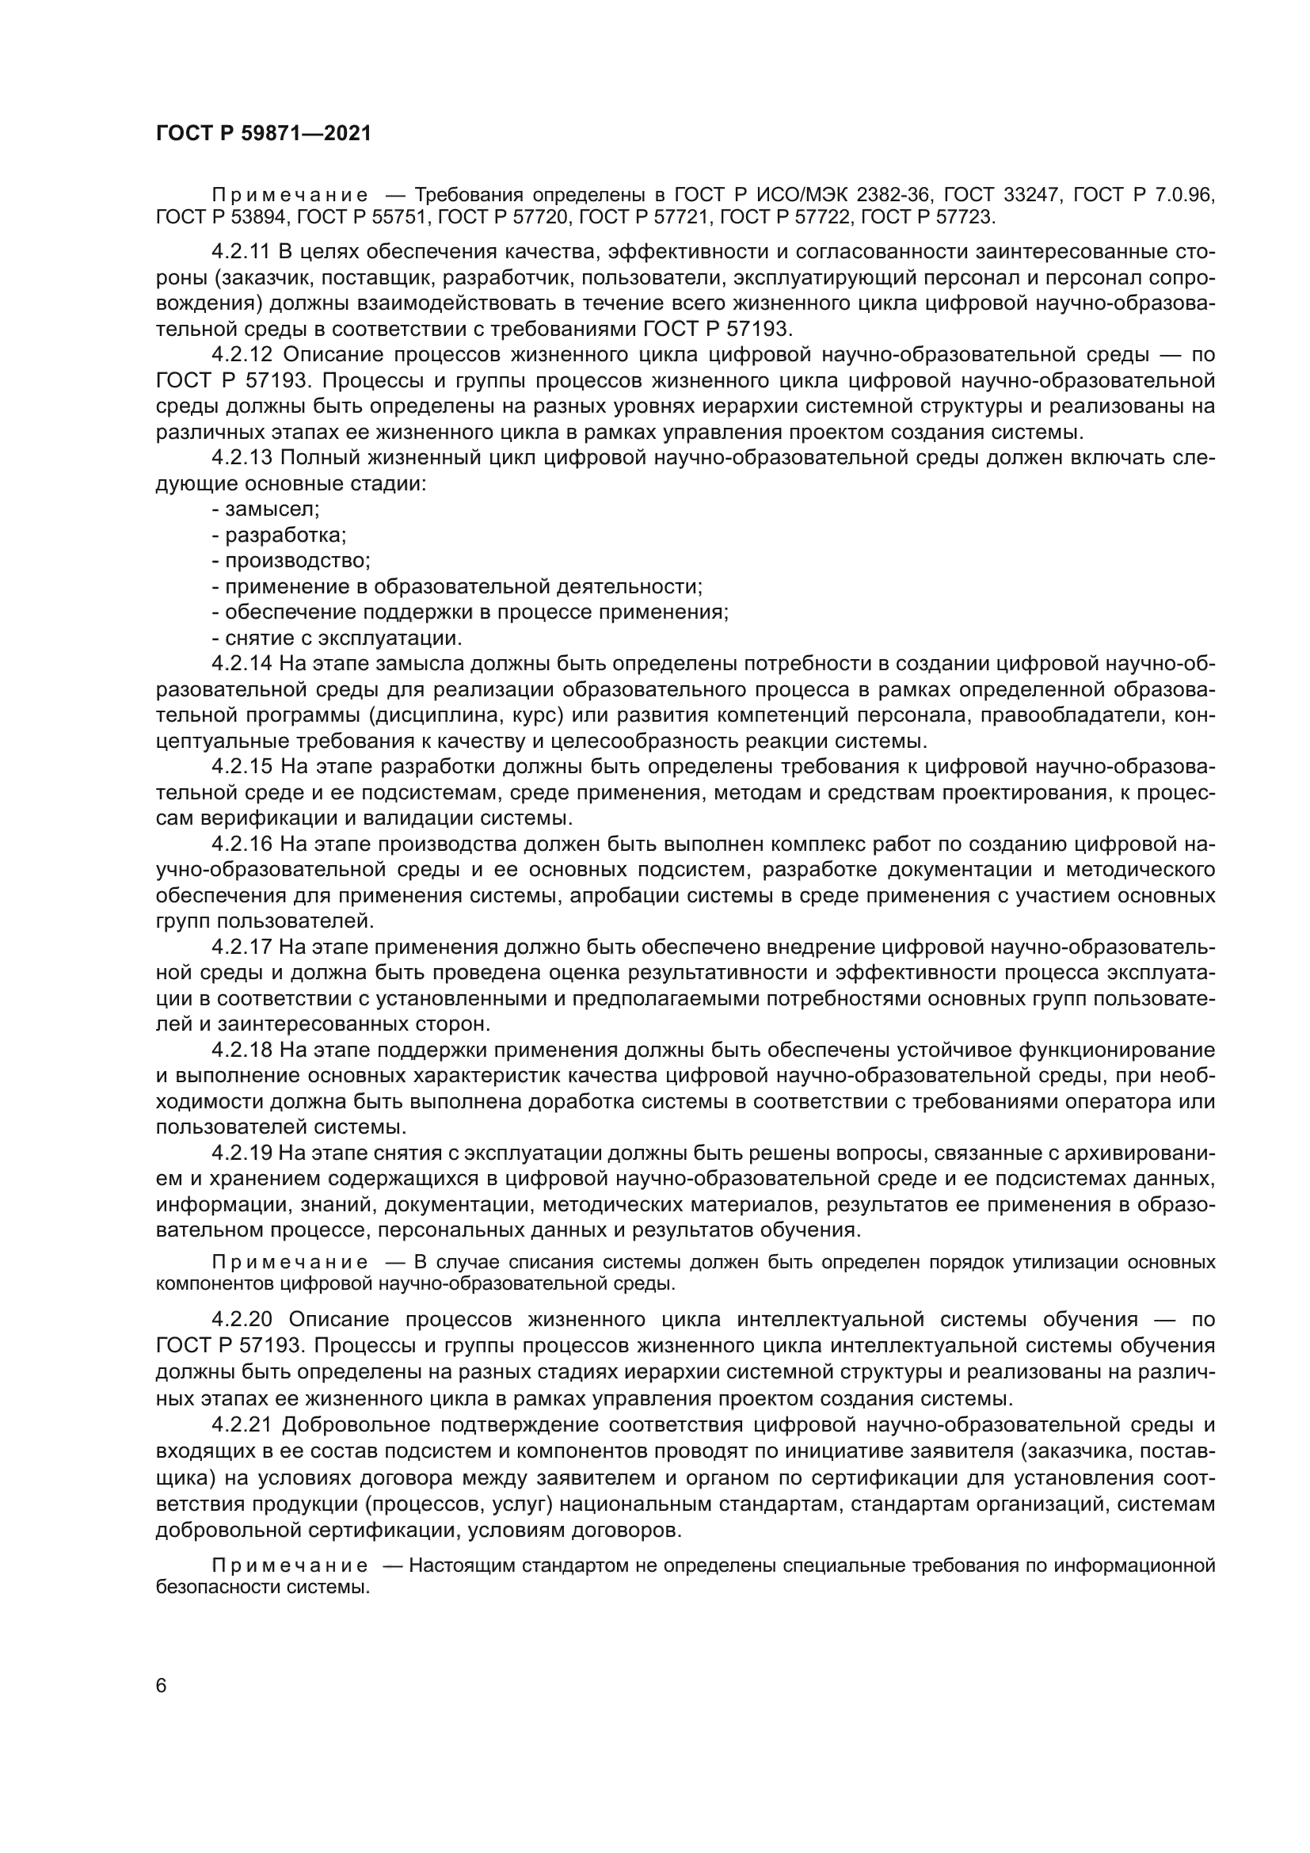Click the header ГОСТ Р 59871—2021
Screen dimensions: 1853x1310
click(263, 134)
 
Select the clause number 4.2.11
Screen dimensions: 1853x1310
click(242, 253)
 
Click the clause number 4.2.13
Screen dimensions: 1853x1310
click(242, 459)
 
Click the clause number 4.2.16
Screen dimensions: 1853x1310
click(242, 845)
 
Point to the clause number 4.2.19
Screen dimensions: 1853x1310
click(242, 1153)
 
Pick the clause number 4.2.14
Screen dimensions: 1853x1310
click(242, 664)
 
